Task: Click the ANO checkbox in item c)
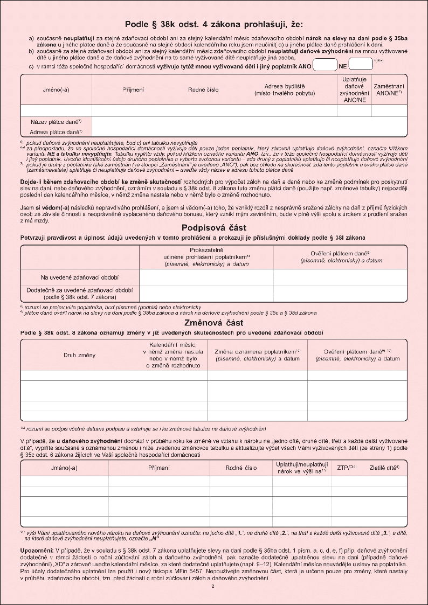click(325, 65)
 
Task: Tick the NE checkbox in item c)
click(361, 65)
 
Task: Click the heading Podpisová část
click(214, 227)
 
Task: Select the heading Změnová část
click(214, 323)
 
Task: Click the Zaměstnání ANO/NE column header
click(389, 89)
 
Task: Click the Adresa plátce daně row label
click(56, 131)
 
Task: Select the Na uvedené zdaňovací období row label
click(80, 277)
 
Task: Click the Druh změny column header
click(80, 354)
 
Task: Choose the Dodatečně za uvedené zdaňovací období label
click(80, 293)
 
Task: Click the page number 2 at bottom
click(213, 586)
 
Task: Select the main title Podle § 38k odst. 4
click(214, 24)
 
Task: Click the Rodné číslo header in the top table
click(203, 89)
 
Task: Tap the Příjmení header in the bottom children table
click(159, 468)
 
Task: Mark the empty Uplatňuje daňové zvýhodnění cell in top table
click(354, 110)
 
